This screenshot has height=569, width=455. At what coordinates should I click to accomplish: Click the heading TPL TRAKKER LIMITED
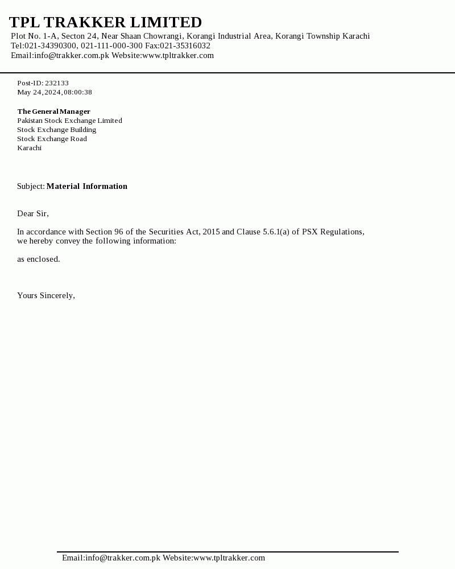105,22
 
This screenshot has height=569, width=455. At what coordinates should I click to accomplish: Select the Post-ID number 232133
57,83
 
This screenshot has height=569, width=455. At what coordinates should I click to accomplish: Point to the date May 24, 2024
39,92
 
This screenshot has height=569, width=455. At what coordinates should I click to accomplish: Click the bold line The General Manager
53,112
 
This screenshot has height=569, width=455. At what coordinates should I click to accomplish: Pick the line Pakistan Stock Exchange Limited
69,121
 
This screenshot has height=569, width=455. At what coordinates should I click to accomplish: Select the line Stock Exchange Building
56,130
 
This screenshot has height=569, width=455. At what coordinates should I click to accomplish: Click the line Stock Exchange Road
52,139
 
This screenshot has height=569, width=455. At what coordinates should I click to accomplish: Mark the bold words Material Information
86,186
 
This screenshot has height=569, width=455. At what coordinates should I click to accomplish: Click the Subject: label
31,186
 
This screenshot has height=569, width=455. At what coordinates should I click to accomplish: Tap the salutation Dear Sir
32,213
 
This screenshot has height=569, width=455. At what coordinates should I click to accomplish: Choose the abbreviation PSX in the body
310,232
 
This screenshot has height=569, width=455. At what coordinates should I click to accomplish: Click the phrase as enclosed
38,259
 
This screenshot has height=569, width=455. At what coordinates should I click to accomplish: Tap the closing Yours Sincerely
45,295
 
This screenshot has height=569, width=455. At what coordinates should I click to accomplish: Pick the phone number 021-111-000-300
111,46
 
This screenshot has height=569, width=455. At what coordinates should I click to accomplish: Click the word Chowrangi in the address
163,36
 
